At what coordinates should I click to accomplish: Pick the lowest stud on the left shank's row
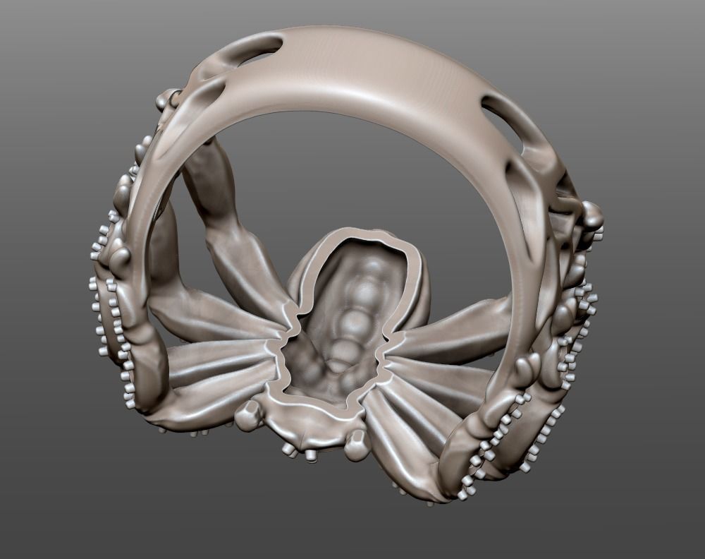[129, 403]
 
